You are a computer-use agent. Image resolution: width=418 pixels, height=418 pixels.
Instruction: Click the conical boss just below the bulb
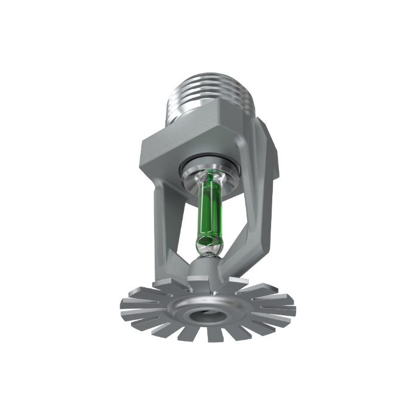[206, 266]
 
